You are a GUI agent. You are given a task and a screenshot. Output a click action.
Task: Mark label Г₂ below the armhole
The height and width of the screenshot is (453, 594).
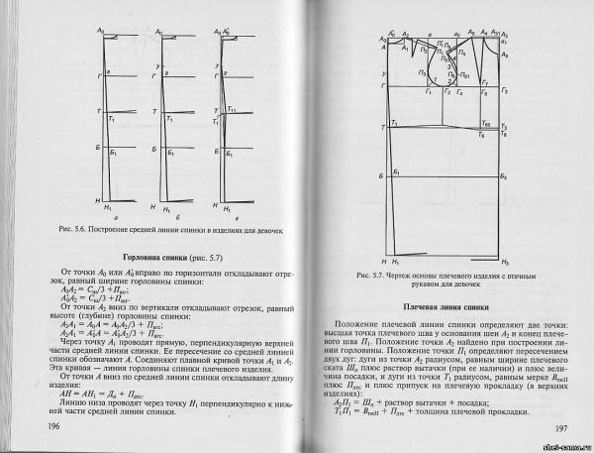tap(446, 93)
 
